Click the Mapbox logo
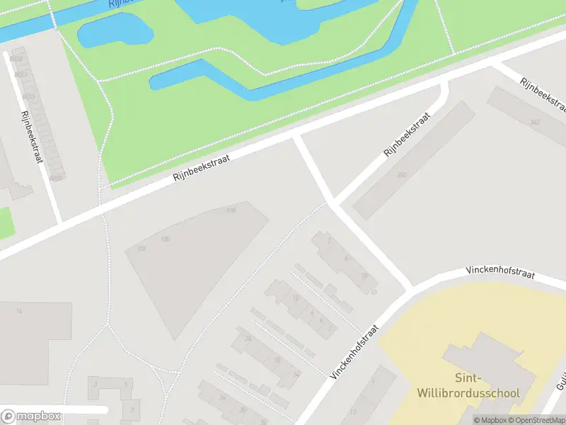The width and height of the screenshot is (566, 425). [31, 416]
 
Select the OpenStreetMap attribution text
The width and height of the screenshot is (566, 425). [535, 420]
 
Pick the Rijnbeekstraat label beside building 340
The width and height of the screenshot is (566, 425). [543, 94]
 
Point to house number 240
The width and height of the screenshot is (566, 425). [402, 174]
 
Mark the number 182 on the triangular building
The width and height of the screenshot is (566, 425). [141, 248]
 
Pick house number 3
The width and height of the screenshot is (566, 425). [95, 385]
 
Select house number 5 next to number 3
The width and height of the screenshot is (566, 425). [126, 385]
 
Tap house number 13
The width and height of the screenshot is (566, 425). [353, 412]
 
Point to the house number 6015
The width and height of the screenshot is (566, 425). [28, 96]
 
